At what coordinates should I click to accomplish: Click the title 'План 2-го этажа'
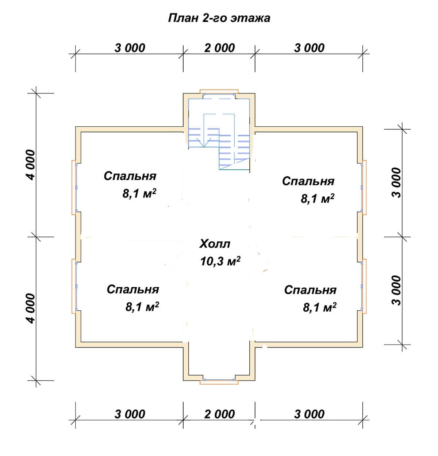pos(219,18)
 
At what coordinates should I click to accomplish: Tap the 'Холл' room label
pos(215,244)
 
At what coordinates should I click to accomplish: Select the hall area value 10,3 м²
pos(220,261)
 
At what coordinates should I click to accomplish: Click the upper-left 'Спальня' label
pos(130,176)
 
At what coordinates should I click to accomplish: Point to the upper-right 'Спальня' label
pos(308,181)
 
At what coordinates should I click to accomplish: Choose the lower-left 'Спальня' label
pos(133,290)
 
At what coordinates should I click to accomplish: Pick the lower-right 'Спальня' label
pos(310,290)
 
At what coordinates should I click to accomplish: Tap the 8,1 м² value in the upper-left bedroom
pos(139,193)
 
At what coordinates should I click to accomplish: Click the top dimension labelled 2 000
pos(219,48)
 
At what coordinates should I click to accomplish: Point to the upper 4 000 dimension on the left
pos(30,165)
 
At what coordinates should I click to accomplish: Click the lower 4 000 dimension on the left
pos(30,309)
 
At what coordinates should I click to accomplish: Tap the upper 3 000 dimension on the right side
pos(396,183)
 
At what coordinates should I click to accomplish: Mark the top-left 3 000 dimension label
pos(130,48)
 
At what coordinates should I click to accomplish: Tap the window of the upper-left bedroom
pos(74,187)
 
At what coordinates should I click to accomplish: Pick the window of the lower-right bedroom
pos(364,286)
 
